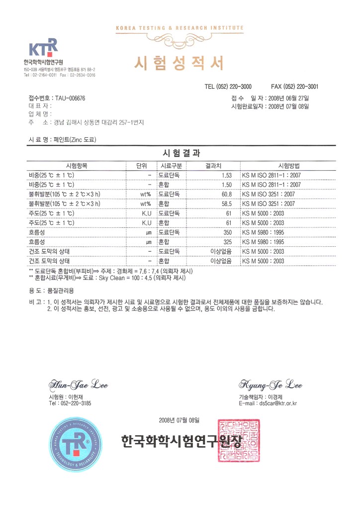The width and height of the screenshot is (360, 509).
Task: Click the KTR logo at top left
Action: click(x=43, y=48)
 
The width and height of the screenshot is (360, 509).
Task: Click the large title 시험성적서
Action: click(x=179, y=63)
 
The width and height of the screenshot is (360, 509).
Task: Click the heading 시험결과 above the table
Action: click(x=180, y=153)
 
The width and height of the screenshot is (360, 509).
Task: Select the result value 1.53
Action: click(x=227, y=175)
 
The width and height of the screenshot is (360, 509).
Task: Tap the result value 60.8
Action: click(x=227, y=194)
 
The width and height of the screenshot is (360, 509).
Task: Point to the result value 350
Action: click(x=227, y=232)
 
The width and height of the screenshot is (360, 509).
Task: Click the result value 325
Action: click(x=227, y=242)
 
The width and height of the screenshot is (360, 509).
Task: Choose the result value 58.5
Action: click(x=227, y=204)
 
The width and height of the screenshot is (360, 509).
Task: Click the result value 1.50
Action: click(x=227, y=185)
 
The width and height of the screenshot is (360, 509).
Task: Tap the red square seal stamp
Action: click(x=239, y=440)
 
